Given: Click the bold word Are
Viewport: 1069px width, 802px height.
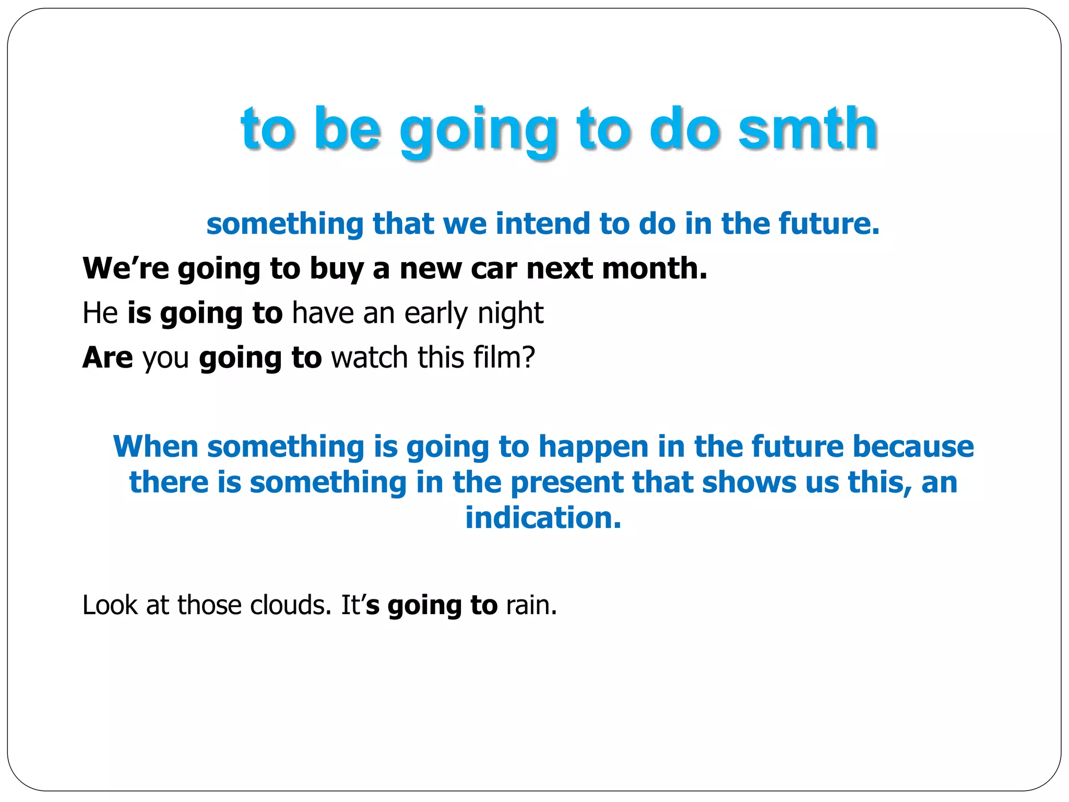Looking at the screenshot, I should coord(108,358).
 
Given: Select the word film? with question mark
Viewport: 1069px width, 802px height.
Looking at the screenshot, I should coord(504,358).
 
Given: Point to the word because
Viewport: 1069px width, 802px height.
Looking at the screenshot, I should coord(913,447).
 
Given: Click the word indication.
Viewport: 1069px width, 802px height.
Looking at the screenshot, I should coord(543,518).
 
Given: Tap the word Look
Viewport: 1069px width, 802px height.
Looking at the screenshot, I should coord(110,605).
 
